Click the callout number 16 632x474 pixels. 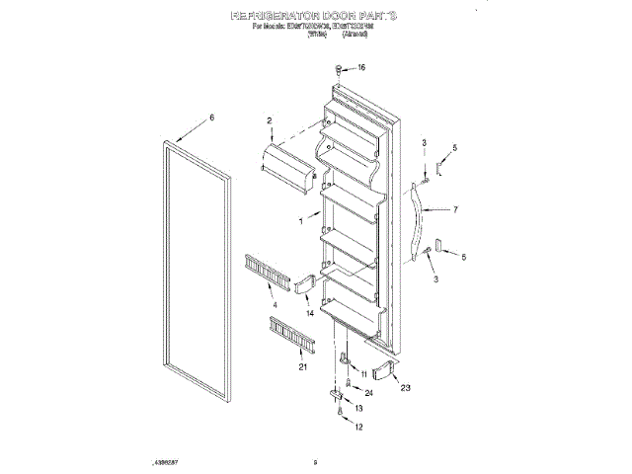(x=360, y=68)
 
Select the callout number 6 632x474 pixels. (x=211, y=118)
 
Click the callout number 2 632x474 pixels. (x=268, y=120)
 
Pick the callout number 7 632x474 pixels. (x=455, y=209)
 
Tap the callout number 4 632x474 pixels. (x=275, y=307)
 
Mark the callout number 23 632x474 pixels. (x=404, y=388)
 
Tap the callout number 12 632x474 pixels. (x=358, y=427)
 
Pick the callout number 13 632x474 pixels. (x=358, y=408)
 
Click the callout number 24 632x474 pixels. (x=367, y=392)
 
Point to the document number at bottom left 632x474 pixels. (x=165, y=461)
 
